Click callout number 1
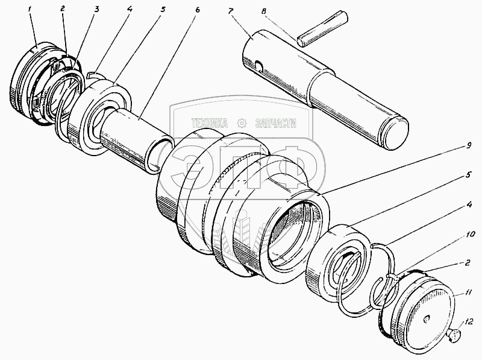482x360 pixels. pos(30,10)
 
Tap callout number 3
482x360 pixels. pos(96,10)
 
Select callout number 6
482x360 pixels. pos(198,10)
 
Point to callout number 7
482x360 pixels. pos(230,11)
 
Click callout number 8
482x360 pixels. pos(263,12)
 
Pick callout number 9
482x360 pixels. pos(468,145)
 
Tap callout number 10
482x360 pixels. pos(471,235)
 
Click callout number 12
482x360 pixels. pos(469,322)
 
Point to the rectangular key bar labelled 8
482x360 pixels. pos(322,29)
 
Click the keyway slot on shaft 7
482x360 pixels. pos(259,66)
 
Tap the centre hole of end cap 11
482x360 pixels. pos(426,320)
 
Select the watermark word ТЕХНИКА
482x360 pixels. pos(209,124)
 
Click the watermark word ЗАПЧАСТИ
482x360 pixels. pos(276,124)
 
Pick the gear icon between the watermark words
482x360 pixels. pos(242,124)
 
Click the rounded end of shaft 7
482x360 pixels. pos(395,133)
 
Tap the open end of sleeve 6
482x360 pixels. pos(160,156)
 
